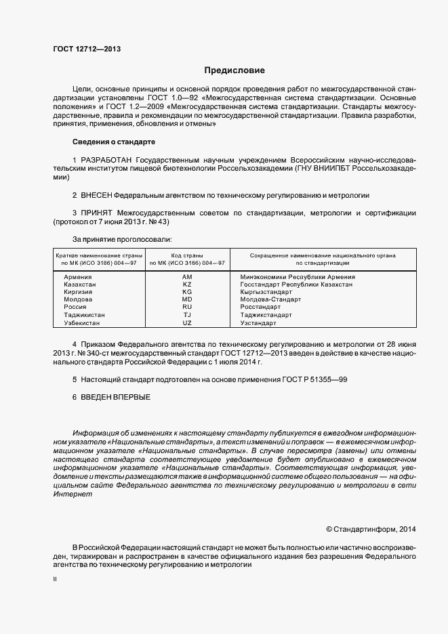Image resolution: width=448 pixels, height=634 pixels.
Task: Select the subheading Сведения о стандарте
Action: click(x=113, y=142)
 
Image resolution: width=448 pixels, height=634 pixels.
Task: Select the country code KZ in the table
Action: click(x=187, y=284)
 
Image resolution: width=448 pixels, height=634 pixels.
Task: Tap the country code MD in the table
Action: click(x=187, y=299)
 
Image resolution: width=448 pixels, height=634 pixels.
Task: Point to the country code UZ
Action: click(x=187, y=323)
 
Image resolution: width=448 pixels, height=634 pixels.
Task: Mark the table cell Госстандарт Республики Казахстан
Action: click(x=296, y=284)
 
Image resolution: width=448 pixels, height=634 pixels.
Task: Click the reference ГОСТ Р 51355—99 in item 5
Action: click(x=318, y=379)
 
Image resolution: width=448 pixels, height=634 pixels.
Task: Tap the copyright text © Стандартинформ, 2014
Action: click(x=371, y=528)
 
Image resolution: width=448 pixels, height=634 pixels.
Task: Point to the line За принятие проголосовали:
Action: click(x=121, y=239)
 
